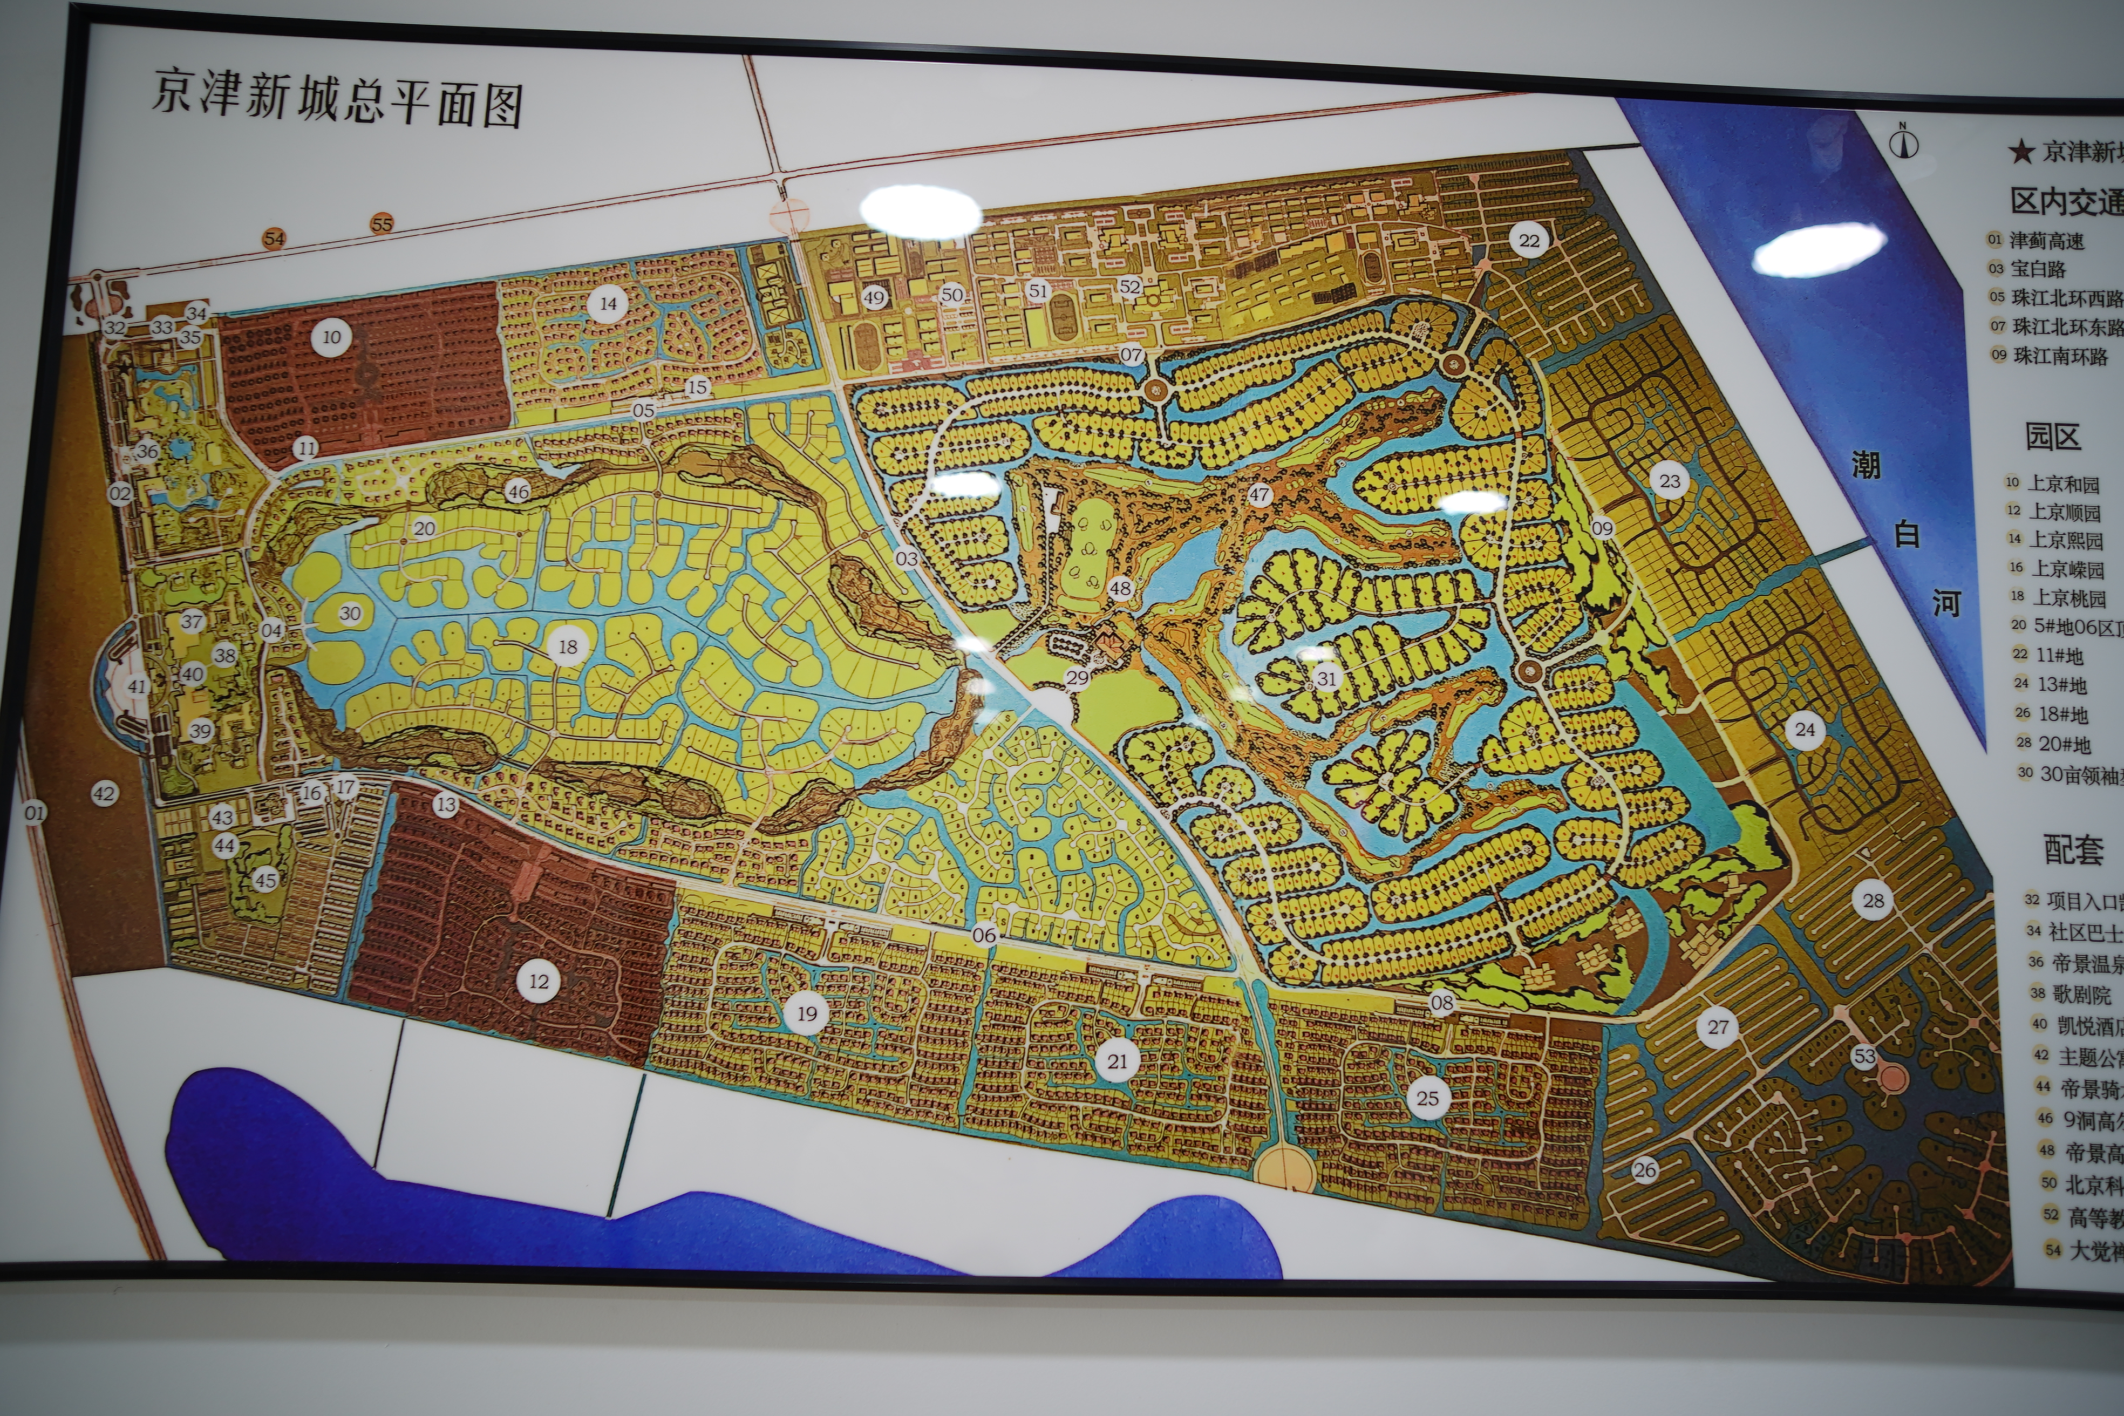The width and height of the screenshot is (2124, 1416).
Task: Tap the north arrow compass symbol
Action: click(1904, 142)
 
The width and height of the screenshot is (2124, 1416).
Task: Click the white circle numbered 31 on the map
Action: click(1326, 678)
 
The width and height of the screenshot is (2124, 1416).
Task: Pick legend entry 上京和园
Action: click(2062, 484)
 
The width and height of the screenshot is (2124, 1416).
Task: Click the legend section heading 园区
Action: click(2053, 437)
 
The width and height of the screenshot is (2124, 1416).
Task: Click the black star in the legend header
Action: click(2021, 152)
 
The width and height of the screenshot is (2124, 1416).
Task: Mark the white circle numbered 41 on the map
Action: click(137, 686)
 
